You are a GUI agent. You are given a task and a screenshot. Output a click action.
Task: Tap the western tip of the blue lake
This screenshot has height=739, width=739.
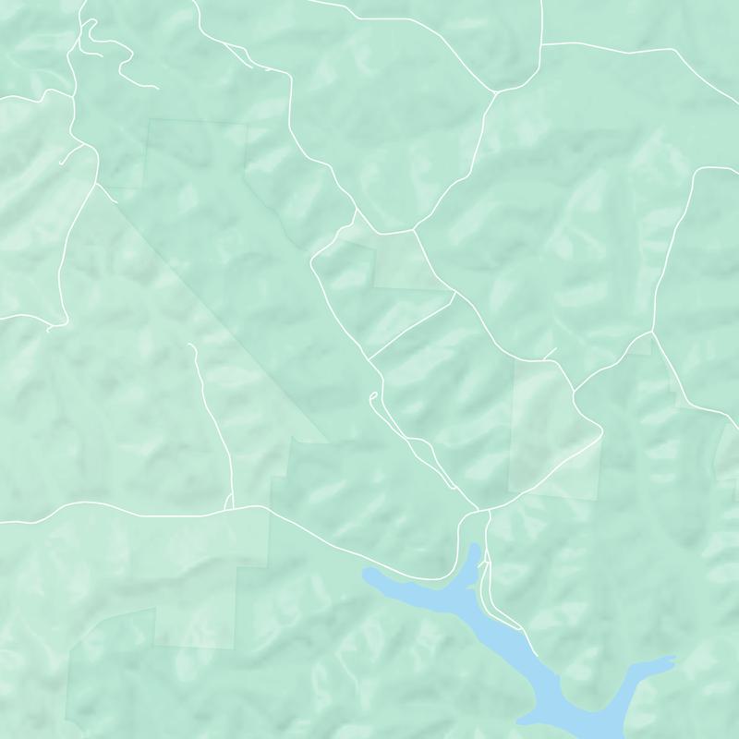(364, 575)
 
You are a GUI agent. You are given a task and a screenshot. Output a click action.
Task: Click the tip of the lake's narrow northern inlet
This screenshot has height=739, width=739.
(477, 545)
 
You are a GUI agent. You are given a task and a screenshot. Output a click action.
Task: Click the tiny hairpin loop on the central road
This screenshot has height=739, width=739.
(371, 397)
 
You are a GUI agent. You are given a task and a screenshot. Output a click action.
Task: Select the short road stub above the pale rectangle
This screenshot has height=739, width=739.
(551, 352)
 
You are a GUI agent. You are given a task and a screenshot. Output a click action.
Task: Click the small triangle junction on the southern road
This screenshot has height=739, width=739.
(229, 505)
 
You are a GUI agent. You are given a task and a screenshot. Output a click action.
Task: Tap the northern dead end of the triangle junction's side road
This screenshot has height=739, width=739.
(188, 345)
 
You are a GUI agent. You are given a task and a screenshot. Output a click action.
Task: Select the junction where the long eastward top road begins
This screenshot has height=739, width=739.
(540, 43)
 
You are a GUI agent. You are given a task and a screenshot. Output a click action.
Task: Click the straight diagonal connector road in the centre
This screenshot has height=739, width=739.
(412, 324)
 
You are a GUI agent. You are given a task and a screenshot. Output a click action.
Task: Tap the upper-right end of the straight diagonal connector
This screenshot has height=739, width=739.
(454, 294)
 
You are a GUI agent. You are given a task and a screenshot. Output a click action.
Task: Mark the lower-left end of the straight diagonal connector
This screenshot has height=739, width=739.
(369, 357)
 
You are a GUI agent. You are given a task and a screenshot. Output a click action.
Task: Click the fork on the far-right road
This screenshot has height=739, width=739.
(652, 333)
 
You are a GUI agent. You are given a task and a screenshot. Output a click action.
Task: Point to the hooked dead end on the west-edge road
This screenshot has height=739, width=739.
(49, 328)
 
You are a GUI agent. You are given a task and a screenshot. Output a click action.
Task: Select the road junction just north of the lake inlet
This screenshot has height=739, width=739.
(479, 511)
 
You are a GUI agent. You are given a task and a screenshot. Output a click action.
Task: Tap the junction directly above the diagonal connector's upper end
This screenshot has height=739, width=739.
(414, 230)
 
